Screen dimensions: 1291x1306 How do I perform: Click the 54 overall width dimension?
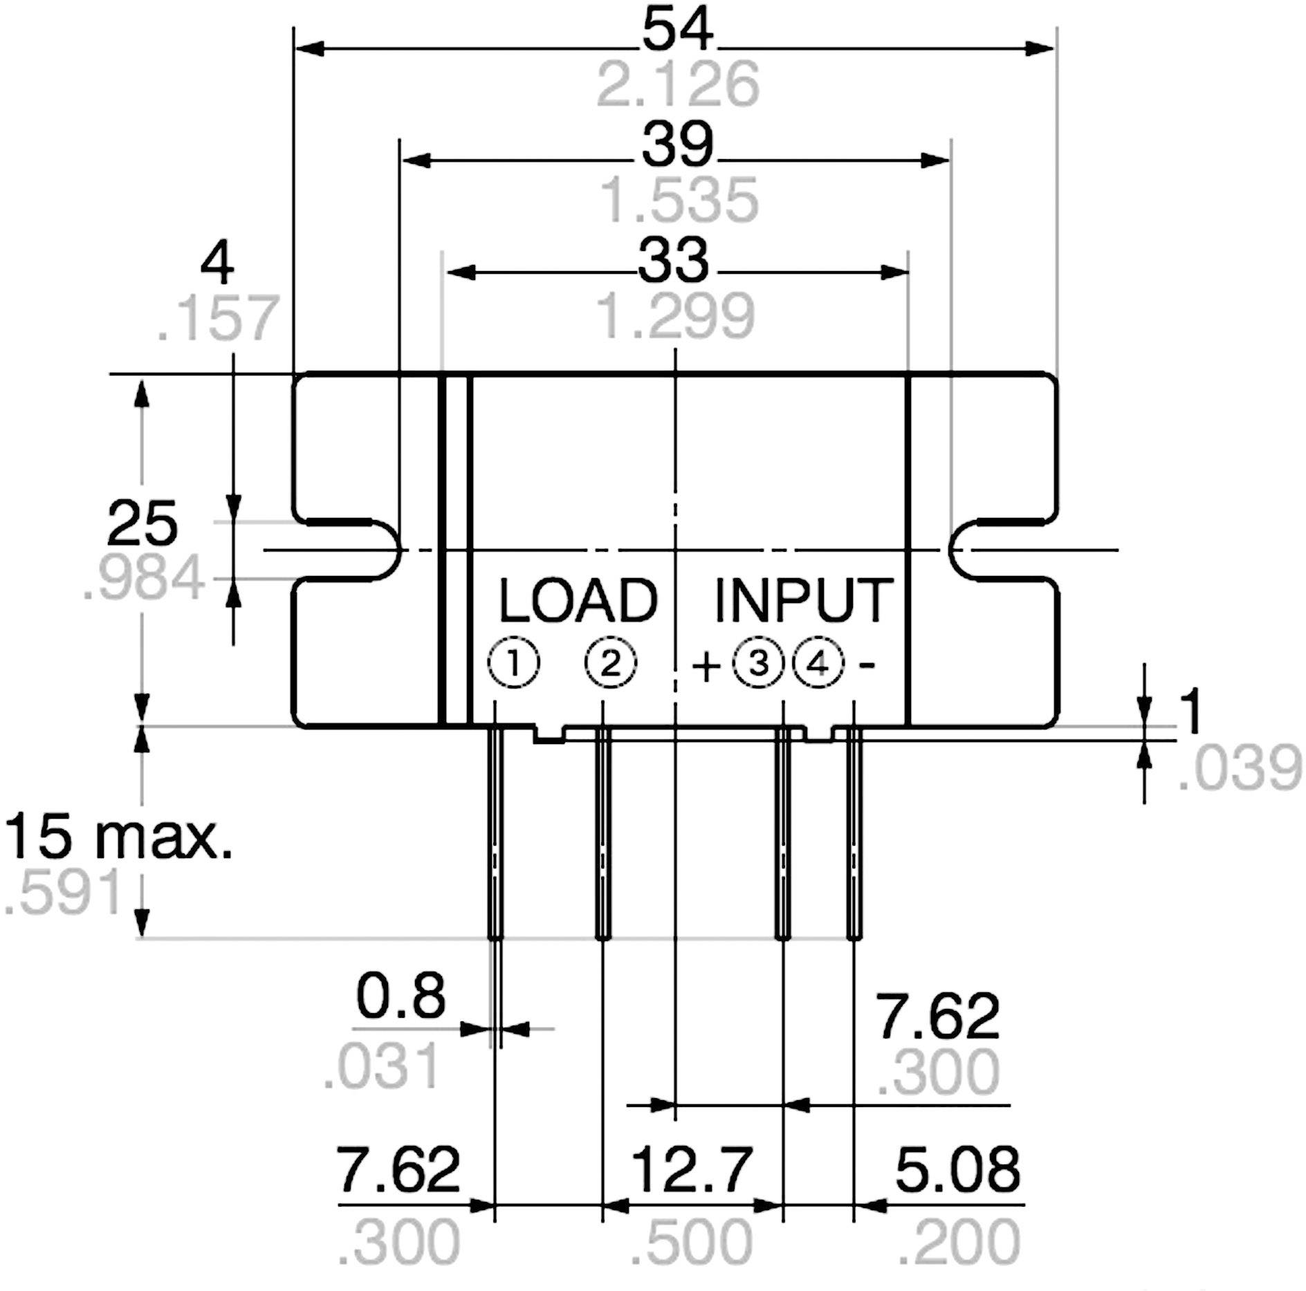[677, 31]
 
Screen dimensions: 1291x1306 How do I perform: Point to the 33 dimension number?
[673, 261]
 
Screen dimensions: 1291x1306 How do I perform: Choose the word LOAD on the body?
[578, 601]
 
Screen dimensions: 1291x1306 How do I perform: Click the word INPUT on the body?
[803, 601]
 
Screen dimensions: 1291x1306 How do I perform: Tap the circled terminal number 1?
[513, 664]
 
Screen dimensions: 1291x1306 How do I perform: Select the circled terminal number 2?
[610, 664]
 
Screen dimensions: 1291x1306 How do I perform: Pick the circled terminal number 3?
[758, 664]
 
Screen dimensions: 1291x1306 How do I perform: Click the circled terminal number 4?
[818, 664]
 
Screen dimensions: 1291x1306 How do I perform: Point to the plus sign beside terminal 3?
[706, 667]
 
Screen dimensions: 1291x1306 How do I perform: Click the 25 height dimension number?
[142, 523]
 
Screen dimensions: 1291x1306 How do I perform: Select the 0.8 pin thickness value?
[401, 996]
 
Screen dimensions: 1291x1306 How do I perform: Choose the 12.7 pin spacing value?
[692, 1169]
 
